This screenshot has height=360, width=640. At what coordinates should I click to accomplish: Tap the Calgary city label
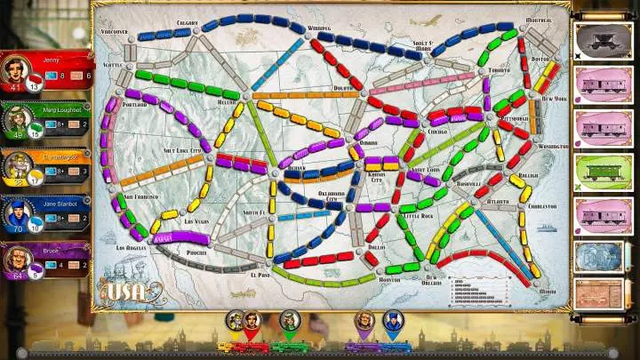[187, 22]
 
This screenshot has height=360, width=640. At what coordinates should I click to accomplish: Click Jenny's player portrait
[15, 68]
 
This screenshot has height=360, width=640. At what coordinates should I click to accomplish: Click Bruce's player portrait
[15, 258]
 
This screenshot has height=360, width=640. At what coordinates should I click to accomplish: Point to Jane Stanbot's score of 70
[14, 228]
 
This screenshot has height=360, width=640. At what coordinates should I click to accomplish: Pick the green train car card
[596, 172]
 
